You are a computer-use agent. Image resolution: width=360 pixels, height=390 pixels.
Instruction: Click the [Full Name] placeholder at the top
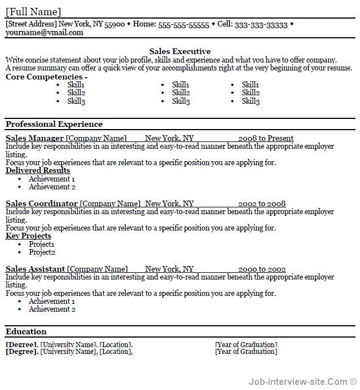click(x=33, y=12)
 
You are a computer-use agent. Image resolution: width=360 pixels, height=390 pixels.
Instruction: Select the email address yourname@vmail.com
click(x=44, y=33)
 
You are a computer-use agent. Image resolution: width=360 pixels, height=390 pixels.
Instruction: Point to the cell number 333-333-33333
click(x=260, y=25)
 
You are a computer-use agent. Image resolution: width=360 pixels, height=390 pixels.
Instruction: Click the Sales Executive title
click(x=180, y=51)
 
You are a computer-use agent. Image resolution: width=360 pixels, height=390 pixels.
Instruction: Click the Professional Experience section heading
click(x=54, y=124)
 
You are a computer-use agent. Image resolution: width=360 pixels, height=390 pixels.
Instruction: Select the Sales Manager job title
click(x=34, y=138)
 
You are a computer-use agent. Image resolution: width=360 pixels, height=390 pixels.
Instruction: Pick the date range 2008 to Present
click(x=266, y=138)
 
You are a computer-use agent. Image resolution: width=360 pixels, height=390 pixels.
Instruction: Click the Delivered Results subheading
click(x=38, y=170)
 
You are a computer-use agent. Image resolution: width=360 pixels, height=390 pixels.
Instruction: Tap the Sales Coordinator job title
click(x=42, y=203)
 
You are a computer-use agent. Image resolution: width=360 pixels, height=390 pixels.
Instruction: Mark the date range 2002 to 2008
click(x=262, y=203)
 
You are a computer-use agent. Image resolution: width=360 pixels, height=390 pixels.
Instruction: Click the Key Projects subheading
click(x=28, y=236)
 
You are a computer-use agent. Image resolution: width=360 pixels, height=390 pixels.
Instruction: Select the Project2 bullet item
click(x=42, y=252)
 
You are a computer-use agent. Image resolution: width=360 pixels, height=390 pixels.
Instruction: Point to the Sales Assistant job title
click(x=36, y=269)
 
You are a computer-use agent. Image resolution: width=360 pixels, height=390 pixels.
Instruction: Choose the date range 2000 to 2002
click(x=262, y=269)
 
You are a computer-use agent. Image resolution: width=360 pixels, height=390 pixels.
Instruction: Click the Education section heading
click(x=26, y=331)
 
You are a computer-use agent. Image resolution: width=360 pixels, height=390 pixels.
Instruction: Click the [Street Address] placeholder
click(x=31, y=24)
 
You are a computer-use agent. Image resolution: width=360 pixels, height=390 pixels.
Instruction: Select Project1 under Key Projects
click(x=42, y=244)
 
